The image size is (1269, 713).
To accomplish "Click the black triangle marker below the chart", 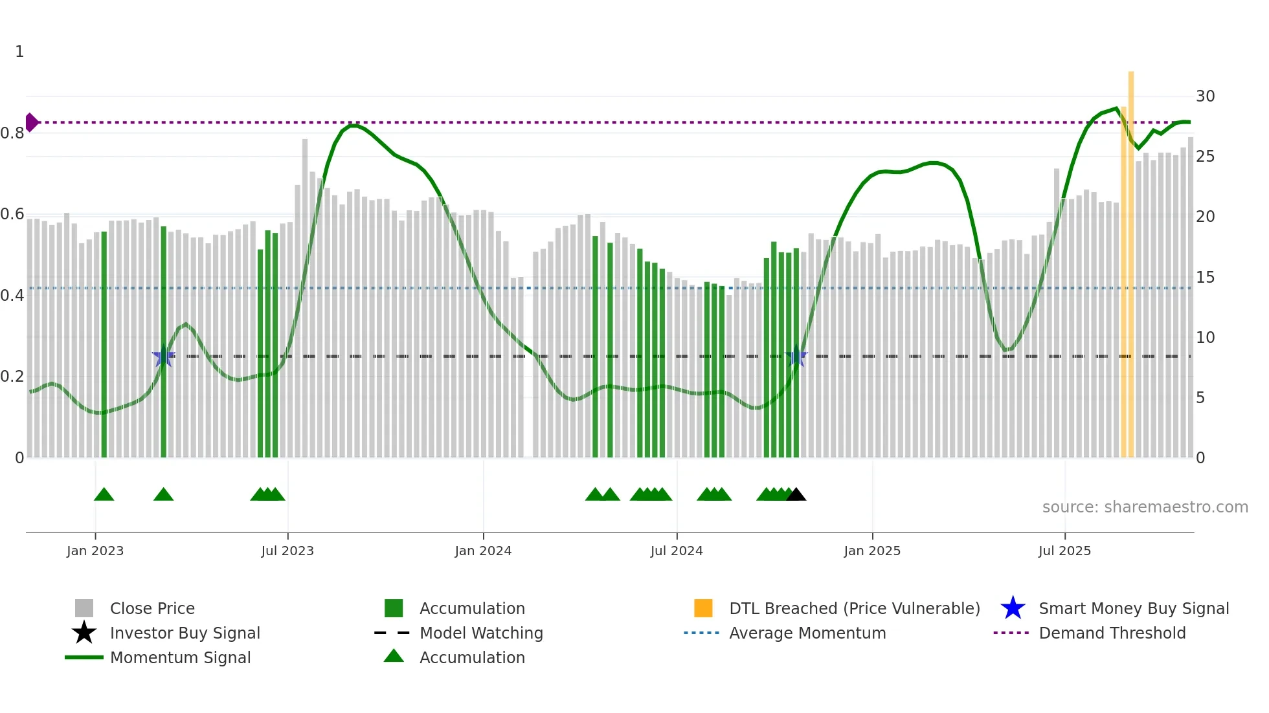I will [796, 495].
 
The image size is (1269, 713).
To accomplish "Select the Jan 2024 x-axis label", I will [483, 551].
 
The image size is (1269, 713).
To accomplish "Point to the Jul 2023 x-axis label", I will [287, 551].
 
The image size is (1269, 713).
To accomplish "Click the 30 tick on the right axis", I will [1205, 96].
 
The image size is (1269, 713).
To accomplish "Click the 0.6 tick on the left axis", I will [12, 214].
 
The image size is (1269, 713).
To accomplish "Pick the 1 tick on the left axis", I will [19, 52].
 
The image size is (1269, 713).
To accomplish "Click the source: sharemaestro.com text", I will [1145, 507].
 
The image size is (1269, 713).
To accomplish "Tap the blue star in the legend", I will [1013, 608].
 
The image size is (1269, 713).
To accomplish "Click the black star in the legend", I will [84, 633].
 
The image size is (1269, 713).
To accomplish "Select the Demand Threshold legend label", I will [1112, 633].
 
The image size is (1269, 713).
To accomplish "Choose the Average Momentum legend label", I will [807, 633].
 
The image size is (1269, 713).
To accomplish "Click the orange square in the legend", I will [703, 608].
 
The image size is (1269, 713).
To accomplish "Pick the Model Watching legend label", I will [481, 633].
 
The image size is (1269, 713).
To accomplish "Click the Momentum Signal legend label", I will [180, 657].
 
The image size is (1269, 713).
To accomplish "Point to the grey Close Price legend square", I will [84, 608].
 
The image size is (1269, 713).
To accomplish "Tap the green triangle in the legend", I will [394, 656].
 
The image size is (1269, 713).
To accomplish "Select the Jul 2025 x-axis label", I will [1064, 551].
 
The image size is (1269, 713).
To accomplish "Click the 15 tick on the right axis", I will [1205, 278].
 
